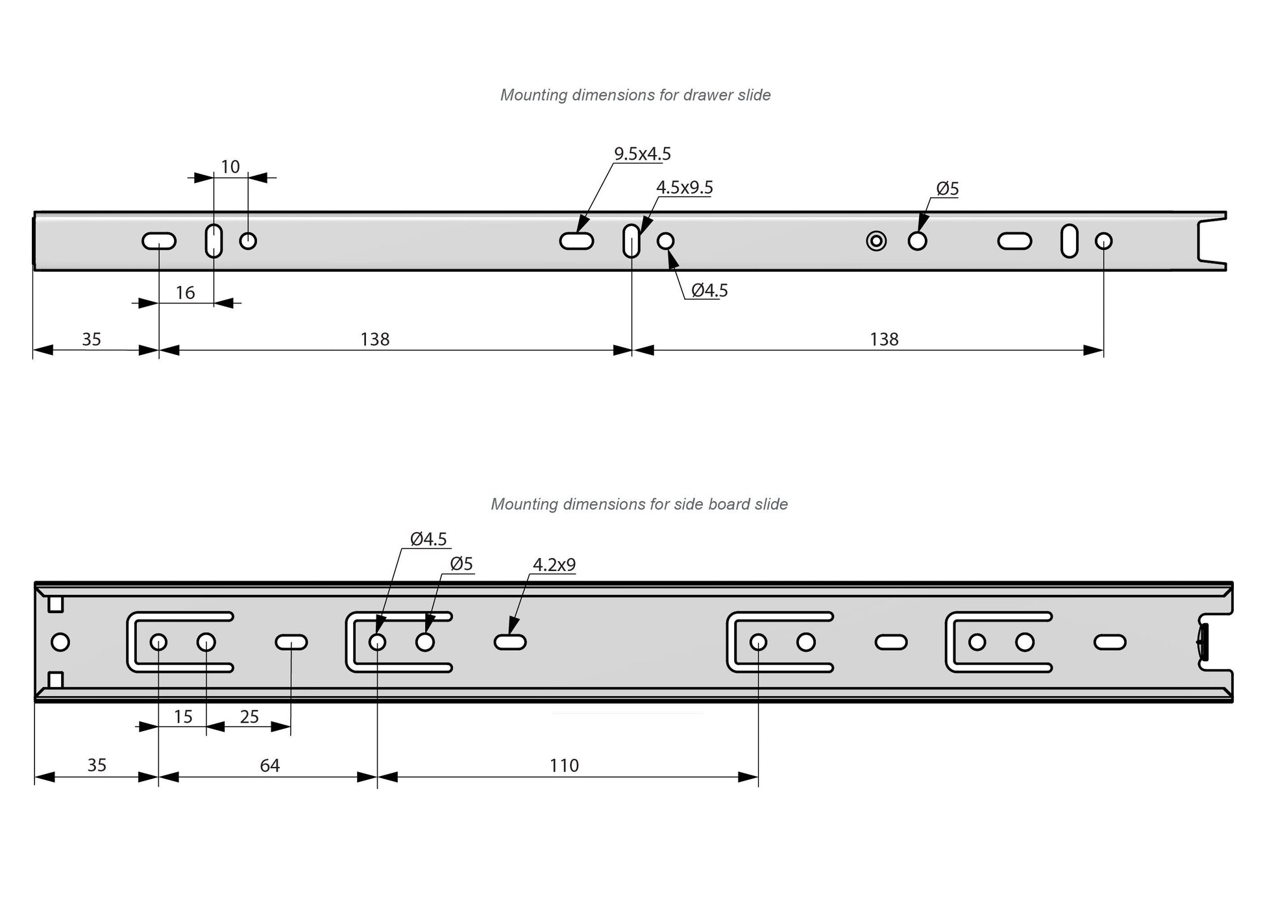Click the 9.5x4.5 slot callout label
pos(642,154)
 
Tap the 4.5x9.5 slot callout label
pos(684,188)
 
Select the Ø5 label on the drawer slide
pos(947,189)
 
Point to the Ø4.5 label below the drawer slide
pos(709,291)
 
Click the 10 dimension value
pos(230,167)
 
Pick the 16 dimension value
pos(185,293)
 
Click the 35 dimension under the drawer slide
pos(92,339)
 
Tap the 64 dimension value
pos(269,766)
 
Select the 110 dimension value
pos(564,766)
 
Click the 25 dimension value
pos(249,717)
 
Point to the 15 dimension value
pos(183,717)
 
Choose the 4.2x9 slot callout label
pos(554,565)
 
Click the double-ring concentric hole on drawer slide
pos(876,241)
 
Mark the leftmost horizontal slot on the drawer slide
pos(159,241)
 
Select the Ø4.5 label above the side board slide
pos(428,539)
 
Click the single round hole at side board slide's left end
pos(60,642)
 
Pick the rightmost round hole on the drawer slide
pos(1103,241)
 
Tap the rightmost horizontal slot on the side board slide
pos(1110,642)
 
